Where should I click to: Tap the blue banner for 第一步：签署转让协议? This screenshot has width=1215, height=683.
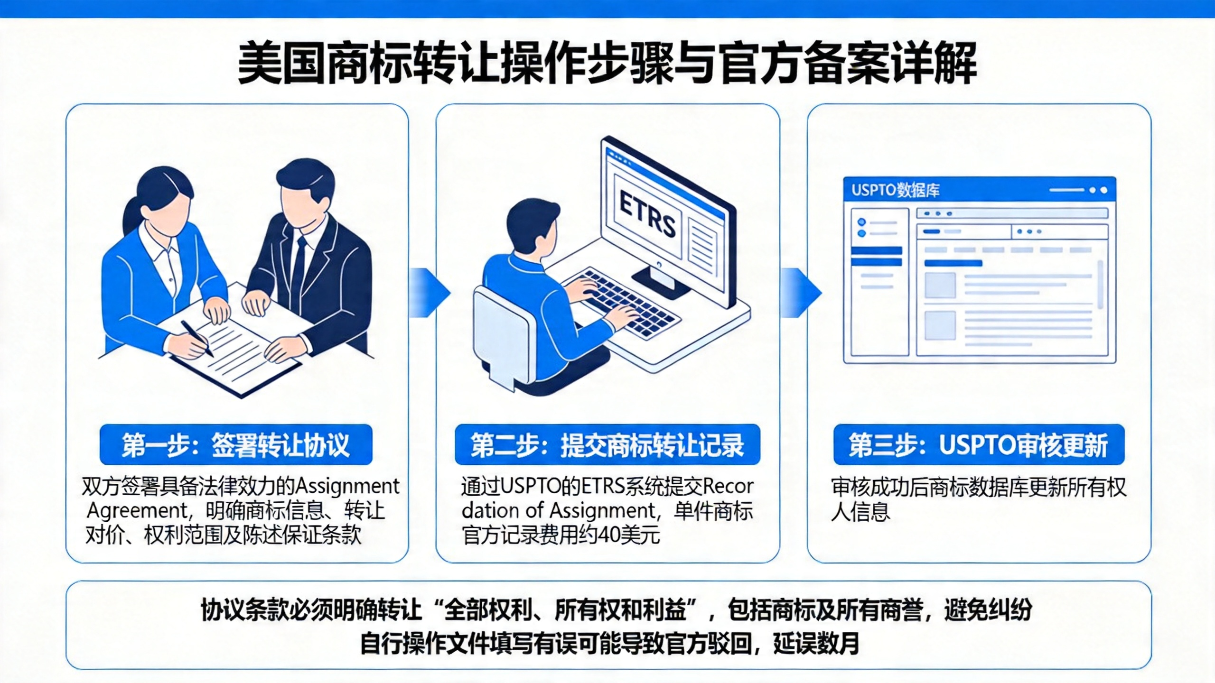[x=236, y=444]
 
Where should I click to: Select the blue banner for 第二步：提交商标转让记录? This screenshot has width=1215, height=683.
[x=607, y=444]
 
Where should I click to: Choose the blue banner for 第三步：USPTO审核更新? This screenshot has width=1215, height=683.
[x=979, y=444]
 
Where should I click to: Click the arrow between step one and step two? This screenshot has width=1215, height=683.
[x=430, y=292]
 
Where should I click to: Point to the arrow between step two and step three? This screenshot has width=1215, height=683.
[x=801, y=292]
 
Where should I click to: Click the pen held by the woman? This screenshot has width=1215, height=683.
[x=197, y=338]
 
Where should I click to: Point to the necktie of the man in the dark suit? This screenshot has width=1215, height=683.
[x=300, y=270]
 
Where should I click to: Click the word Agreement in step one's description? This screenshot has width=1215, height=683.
[x=138, y=511]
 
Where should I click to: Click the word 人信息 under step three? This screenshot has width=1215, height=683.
[x=860, y=512]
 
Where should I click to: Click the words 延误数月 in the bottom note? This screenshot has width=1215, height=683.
[x=816, y=644]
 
